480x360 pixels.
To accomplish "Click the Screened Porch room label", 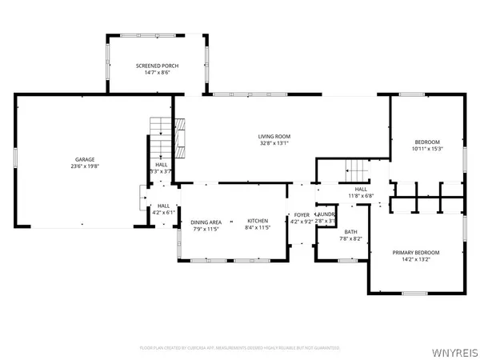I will click(x=157, y=65).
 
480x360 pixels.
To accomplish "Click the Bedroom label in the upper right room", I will click(x=426, y=141).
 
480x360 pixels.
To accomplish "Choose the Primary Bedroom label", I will click(x=415, y=253).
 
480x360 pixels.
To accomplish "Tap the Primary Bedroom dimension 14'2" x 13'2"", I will click(x=415, y=260).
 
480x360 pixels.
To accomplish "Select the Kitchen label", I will click(x=257, y=221).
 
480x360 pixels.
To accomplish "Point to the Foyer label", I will click(x=302, y=215).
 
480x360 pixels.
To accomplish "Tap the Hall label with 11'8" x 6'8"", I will click(x=361, y=189).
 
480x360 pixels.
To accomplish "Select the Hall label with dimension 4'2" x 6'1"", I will click(x=163, y=206).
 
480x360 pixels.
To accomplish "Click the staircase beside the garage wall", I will click(x=161, y=127).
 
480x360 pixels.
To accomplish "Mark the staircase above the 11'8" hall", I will click(x=356, y=170).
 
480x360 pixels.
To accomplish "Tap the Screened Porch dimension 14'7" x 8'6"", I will click(x=157, y=72).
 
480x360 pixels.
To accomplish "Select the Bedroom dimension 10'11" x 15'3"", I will click(x=426, y=148).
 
